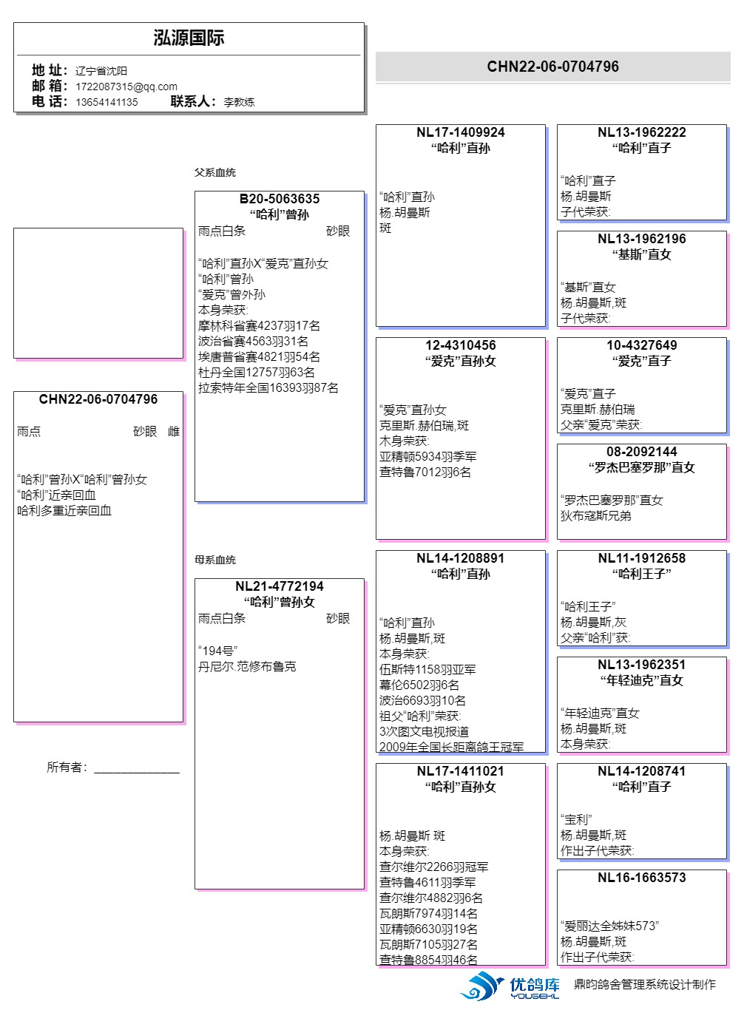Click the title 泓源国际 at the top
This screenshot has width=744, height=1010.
[189, 38]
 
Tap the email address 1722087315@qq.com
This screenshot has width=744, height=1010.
[126, 87]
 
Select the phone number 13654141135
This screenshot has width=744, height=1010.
[106, 102]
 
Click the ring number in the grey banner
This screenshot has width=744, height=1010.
[552, 67]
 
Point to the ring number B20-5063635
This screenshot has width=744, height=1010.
[280, 199]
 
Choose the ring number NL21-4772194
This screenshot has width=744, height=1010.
[280, 586]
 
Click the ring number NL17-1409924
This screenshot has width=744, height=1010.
[460, 132]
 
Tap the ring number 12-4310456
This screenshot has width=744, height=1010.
[460, 345]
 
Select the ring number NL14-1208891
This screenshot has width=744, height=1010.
[460, 558]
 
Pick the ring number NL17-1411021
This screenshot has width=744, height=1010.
[460, 771]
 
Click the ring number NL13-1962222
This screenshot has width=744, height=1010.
[641, 132]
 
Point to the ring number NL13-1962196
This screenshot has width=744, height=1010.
[641, 239]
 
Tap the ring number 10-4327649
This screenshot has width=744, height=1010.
[641, 345]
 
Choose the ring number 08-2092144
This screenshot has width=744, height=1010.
[641, 452]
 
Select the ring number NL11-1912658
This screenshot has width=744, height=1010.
[641, 558]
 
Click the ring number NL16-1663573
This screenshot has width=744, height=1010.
[641, 878]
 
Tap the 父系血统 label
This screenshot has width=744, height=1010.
[215, 172]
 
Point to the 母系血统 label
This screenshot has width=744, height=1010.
[215, 560]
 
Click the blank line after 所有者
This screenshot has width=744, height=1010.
[137, 769]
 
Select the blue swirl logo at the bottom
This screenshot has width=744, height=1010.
[481, 986]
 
